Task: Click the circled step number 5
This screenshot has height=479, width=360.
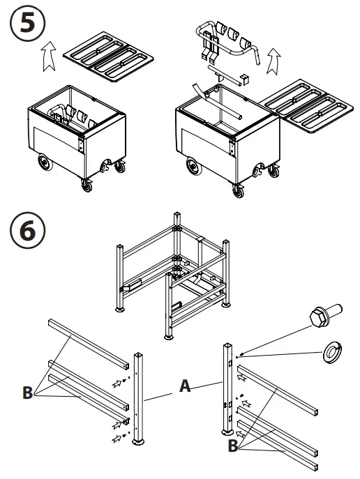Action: tap(27, 23)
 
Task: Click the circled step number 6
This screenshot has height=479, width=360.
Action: tap(27, 230)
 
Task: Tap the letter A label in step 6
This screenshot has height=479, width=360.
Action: tap(185, 386)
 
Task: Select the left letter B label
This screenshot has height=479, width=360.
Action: tap(27, 393)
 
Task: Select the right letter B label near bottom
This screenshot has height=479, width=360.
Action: tap(233, 446)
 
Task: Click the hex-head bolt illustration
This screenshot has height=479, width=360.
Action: tap(325, 315)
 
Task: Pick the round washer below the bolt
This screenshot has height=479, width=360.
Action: tap(332, 353)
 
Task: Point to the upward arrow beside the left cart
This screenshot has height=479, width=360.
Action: tap(49, 56)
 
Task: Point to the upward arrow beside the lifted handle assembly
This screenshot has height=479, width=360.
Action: tap(273, 61)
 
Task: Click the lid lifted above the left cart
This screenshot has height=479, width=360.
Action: tap(109, 56)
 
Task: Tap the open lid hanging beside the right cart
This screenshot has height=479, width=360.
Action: tap(307, 106)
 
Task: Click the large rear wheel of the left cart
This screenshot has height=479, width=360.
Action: tap(45, 162)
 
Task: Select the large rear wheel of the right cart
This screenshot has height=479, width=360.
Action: tap(193, 166)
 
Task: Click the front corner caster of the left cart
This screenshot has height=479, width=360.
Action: tap(87, 185)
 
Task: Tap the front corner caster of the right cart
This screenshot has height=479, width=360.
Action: tap(239, 190)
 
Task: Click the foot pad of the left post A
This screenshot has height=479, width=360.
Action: tap(138, 442)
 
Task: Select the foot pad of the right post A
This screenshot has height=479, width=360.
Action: tap(227, 432)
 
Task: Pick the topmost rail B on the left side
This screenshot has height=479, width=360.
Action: tap(89, 344)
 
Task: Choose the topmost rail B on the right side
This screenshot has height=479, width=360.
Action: tap(278, 390)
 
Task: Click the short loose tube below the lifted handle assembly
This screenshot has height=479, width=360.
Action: tap(225, 75)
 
